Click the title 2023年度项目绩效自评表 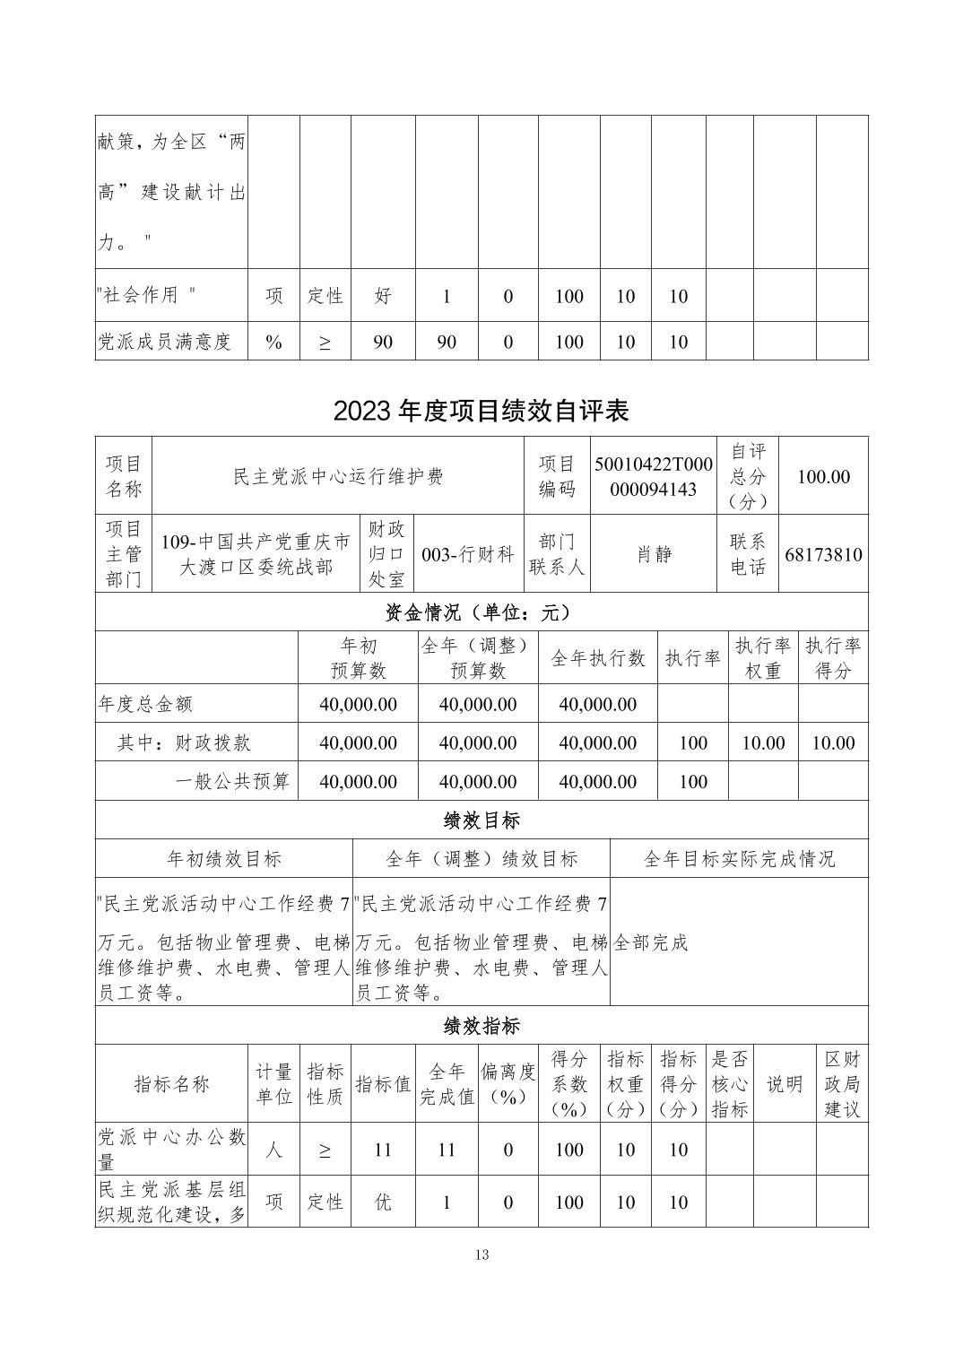[x=481, y=410]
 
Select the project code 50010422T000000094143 [x=654, y=476]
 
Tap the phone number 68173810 [x=823, y=554]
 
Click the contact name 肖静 [x=654, y=554]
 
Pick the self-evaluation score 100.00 [x=823, y=476]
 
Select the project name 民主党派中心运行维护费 [x=338, y=476]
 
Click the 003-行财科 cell [x=467, y=554]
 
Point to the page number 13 [x=482, y=1254]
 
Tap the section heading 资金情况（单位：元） [x=481, y=612]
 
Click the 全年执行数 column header [x=597, y=658]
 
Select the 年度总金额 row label [x=145, y=705]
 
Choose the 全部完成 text [x=651, y=942]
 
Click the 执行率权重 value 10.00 [x=763, y=743]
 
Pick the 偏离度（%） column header [x=508, y=1083]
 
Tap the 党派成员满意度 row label [x=165, y=342]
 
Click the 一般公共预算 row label [x=232, y=782]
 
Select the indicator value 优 [x=383, y=1202]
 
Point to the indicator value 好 [x=383, y=296]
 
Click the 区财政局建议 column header [x=842, y=1083]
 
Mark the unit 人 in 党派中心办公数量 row [x=274, y=1150]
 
